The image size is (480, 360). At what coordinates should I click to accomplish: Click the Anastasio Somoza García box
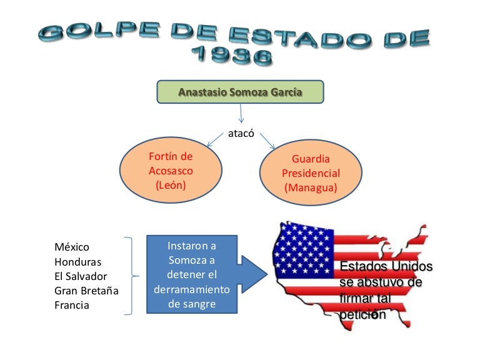click(240, 92)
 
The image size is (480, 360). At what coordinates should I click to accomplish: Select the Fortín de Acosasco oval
click(171, 171)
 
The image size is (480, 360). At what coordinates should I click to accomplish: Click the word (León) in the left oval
click(171, 186)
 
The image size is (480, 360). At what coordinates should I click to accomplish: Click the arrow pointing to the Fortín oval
click(215, 141)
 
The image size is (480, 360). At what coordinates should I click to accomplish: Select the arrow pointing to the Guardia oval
click(267, 141)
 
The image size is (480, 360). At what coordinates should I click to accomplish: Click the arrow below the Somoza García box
click(240, 114)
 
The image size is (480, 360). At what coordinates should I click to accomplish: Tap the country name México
click(72, 247)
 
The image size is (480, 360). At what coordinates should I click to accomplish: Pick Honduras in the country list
click(77, 262)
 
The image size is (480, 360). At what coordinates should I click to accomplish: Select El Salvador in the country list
click(81, 276)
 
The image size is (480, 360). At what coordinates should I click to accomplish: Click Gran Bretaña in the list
click(86, 291)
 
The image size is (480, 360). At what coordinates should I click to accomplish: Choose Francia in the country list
click(72, 305)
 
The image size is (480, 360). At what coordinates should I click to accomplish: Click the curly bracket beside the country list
click(131, 276)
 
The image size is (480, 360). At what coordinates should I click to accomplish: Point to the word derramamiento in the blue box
click(192, 290)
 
